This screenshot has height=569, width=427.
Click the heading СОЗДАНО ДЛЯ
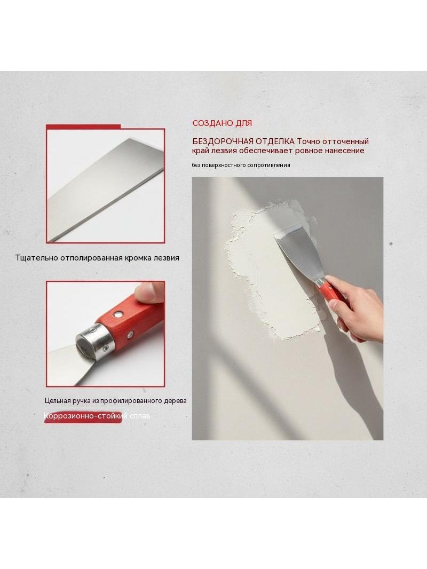click(x=222, y=123)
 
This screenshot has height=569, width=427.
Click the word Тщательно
click(x=36, y=258)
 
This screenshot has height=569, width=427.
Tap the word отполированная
click(x=90, y=258)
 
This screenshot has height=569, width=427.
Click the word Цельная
click(x=57, y=401)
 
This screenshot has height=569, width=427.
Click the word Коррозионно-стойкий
click(x=85, y=416)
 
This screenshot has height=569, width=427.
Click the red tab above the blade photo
click(x=83, y=127)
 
